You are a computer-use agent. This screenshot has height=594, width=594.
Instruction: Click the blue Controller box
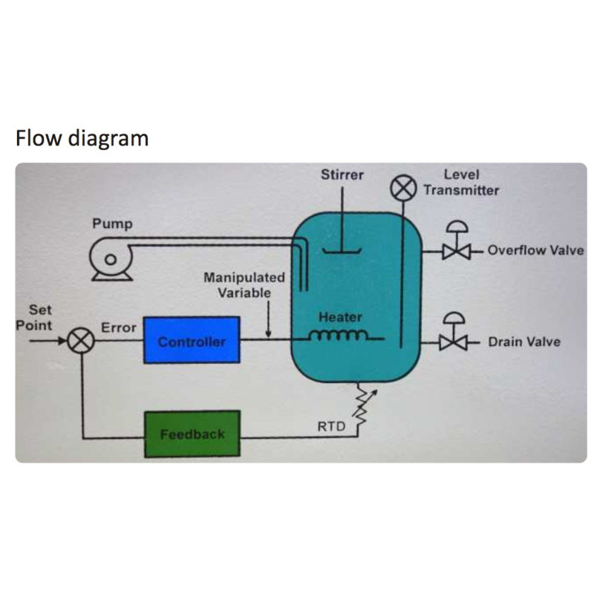(x=192, y=340)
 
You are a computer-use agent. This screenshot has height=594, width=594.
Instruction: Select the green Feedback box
(x=192, y=434)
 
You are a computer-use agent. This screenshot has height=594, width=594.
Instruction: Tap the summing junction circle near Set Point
(x=79, y=342)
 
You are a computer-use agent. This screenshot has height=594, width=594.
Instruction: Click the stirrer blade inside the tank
(x=342, y=251)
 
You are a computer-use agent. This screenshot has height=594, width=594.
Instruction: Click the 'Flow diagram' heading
(x=82, y=138)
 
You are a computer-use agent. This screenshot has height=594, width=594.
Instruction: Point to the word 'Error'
(x=118, y=327)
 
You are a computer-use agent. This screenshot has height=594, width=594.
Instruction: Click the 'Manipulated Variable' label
(x=244, y=284)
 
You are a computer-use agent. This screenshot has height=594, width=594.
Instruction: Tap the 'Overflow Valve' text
(x=535, y=250)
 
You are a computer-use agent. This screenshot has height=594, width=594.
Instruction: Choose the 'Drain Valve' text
(x=524, y=342)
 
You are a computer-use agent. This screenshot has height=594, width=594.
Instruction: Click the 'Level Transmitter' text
(x=461, y=183)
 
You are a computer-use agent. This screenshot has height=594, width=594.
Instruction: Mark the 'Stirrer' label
(x=342, y=175)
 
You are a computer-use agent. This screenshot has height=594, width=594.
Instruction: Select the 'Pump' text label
(x=112, y=224)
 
